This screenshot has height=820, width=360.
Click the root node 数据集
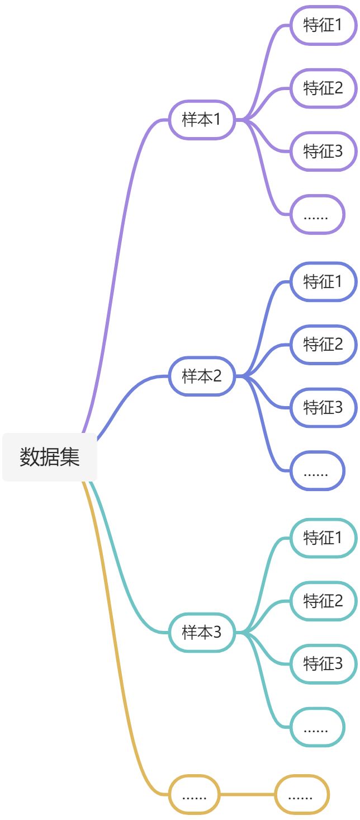(x=50, y=457)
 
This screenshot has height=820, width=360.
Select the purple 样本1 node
(x=201, y=120)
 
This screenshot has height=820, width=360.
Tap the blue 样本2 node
(x=201, y=376)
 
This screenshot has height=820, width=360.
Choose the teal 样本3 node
(x=201, y=633)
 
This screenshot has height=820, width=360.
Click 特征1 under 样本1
(x=323, y=25)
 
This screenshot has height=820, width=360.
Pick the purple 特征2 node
(x=323, y=88)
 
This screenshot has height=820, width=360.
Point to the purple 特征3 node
(x=323, y=151)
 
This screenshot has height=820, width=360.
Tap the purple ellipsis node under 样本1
(x=316, y=214)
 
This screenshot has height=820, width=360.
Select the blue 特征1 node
(x=323, y=281)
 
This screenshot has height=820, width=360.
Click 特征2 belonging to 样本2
(x=323, y=345)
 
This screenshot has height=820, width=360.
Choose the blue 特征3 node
(x=323, y=408)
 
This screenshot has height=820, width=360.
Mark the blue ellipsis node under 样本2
(x=316, y=471)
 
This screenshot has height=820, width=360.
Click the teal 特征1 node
(x=323, y=538)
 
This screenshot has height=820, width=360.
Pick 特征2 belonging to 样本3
(x=323, y=601)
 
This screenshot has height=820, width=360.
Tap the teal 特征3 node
(x=323, y=664)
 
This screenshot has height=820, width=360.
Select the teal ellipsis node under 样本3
(x=316, y=727)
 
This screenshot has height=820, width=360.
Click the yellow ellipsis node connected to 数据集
(x=195, y=794)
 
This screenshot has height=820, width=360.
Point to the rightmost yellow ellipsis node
(x=301, y=794)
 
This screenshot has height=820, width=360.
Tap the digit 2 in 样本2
(x=216, y=376)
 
